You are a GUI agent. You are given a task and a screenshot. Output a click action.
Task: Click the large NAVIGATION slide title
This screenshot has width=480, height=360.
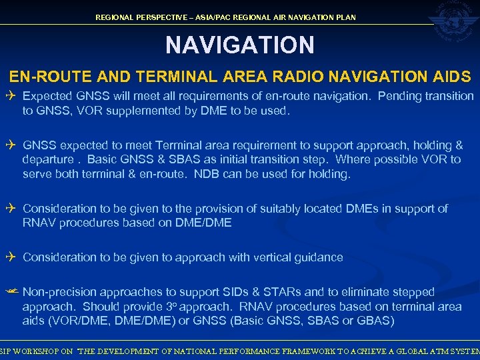pyautogui.click(x=239, y=45)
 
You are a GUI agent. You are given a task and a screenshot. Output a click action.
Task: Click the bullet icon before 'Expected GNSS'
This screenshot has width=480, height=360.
pyautogui.click(x=12, y=96)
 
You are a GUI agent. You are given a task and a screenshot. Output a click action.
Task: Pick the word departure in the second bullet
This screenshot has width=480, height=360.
pyautogui.click(x=47, y=160)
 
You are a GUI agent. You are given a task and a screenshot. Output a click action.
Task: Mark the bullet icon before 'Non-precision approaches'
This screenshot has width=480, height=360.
pyautogui.click(x=12, y=292)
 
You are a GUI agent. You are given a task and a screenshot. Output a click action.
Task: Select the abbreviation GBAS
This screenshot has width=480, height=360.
pyautogui.click(x=375, y=321)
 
